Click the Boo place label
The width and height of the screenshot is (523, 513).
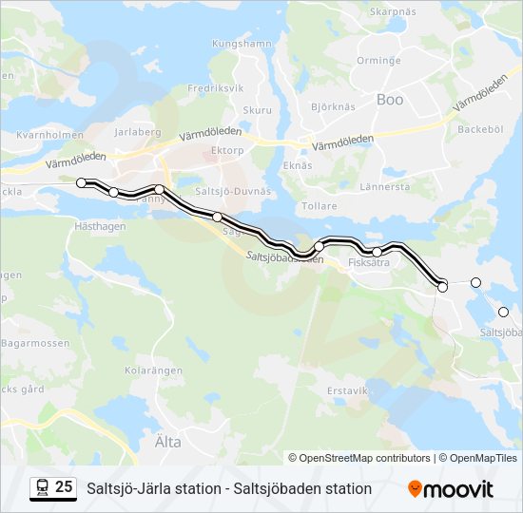tap(390, 99)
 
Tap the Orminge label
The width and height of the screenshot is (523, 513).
tap(351, 60)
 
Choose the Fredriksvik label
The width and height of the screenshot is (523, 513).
tap(217, 87)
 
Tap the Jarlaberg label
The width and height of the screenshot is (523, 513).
tap(138, 133)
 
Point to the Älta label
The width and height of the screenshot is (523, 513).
tap(166, 441)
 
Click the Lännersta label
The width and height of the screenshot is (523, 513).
tap(385, 186)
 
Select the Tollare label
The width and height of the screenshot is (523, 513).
tap(318, 206)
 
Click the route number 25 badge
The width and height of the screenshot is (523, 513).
tap(53, 488)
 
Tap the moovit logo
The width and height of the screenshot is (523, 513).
tap(451, 489)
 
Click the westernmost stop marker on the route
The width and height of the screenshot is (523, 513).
tap(82, 182)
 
